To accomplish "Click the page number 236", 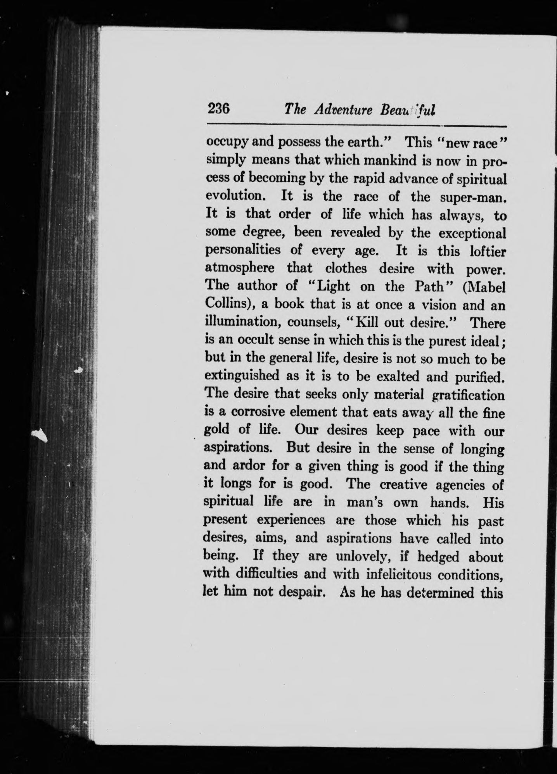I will click(219, 109).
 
